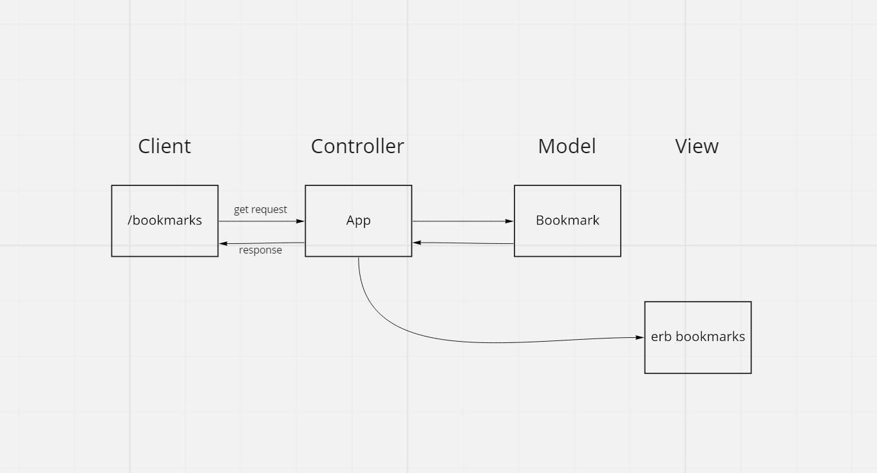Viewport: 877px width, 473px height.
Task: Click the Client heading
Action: [164, 147]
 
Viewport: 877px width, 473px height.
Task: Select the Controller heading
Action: [357, 147]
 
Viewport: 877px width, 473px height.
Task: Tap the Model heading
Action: [567, 147]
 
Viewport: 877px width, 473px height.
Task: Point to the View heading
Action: [697, 147]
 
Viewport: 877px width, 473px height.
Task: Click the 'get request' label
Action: [260, 210]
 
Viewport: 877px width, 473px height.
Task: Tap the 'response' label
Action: [260, 250]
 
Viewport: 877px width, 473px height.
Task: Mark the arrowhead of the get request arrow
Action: [300, 221]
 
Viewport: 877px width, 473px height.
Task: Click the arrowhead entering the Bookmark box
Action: [509, 221]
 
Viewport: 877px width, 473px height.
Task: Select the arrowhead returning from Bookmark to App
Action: [417, 243]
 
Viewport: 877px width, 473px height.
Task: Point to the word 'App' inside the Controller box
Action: [358, 220]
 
